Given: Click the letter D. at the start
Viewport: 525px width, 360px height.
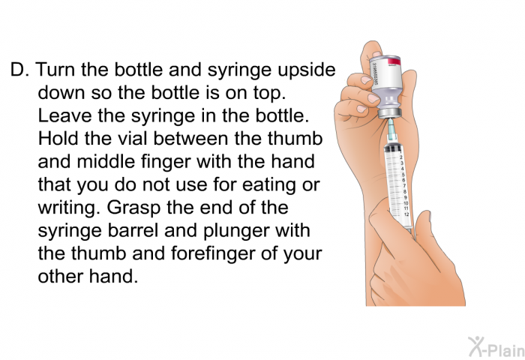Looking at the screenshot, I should pyautogui.click(x=18, y=71).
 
